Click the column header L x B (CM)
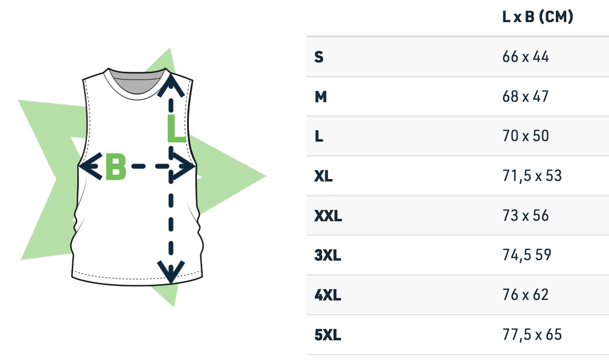(538, 17)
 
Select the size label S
(319, 57)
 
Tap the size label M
(321, 96)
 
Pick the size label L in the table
(319, 136)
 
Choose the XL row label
(323, 176)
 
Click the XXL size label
(328, 216)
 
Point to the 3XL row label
(327, 255)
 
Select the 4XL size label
(327, 295)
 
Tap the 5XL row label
(327, 335)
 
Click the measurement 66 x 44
(525, 57)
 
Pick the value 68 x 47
(525, 96)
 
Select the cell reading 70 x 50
(525, 136)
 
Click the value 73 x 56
(525, 215)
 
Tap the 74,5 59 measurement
(527, 255)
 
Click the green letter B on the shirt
(116, 166)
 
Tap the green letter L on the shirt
(176, 129)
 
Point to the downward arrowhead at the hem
(171, 272)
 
